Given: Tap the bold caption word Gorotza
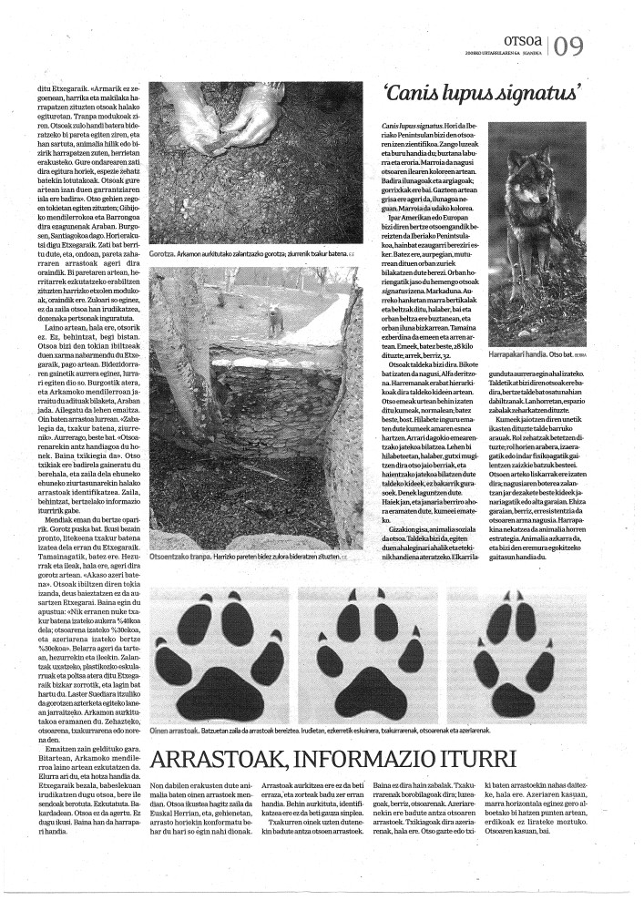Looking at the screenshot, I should tap(163, 253).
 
